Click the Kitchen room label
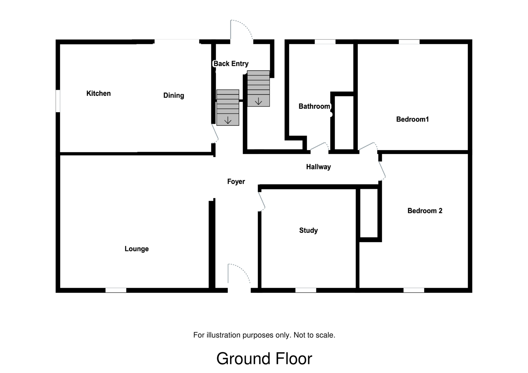tap(98, 93)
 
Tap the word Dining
tap(174, 95)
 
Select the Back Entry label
tap(231, 64)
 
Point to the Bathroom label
tap(314, 106)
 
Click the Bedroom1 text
tap(412, 119)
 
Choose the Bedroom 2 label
tap(425, 211)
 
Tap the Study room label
tap(308, 230)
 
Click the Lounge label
tap(137, 249)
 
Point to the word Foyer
tap(236, 181)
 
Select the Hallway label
tap(318, 167)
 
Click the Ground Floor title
tap(264, 359)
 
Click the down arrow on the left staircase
tap(228, 121)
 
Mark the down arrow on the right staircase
tap(258, 101)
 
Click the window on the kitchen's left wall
tap(58, 101)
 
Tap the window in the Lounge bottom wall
tap(116, 290)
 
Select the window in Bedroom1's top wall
tap(409, 42)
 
